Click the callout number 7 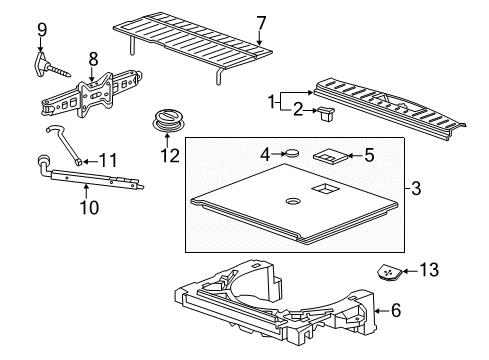pos(261,22)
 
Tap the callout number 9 pos(42,29)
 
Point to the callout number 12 pos(166,155)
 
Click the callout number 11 pos(108,159)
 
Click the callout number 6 pos(397,311)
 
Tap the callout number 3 pos(416,188)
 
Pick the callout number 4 pos(264,154)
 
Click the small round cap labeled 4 pos(294,153)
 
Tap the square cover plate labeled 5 pos(330,156)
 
